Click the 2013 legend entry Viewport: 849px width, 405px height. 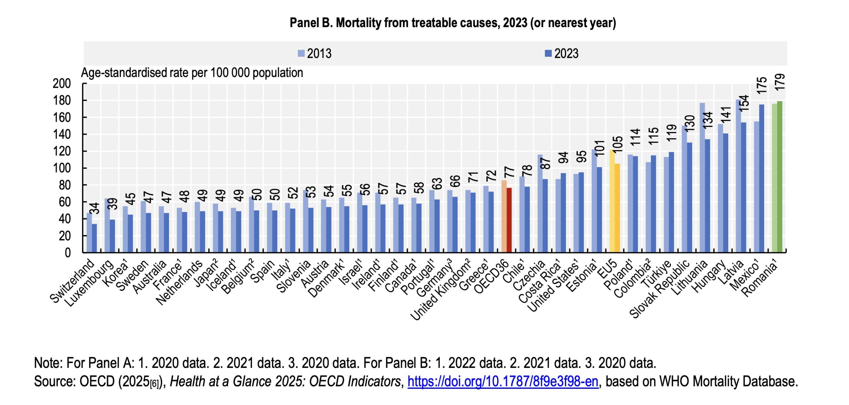(x=314, y=53)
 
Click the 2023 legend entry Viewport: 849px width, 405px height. (x=561, y=53)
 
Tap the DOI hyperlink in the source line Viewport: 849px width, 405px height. (x=503, y=381)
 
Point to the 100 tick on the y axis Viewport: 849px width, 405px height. (x=62, y=168)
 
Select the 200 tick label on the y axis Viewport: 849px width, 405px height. (x=62, y=84)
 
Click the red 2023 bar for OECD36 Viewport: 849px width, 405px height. (x=509, y=220)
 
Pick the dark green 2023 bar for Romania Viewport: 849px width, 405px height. (x=780, y=177)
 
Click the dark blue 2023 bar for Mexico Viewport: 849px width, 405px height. (x=762, y=179)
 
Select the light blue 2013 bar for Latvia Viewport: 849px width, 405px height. (x=739, y=176)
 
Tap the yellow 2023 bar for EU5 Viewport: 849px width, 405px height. (x=617, y=208)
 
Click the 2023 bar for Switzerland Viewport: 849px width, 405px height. (x=95, y=238)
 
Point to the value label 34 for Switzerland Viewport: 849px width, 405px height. (x=95, y=208)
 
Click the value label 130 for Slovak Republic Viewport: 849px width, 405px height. (x=690, y=123)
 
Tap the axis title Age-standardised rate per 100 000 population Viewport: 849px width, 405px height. (x=192, y=73)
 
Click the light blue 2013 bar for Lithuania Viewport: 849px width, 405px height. (x=702, y=178)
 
